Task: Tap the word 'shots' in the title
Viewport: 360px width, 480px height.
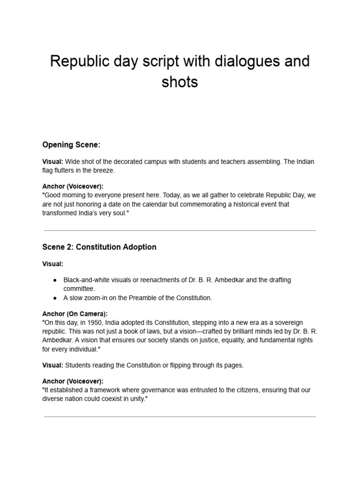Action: tap(180, 82)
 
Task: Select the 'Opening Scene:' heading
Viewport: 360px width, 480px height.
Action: tap(71, 145)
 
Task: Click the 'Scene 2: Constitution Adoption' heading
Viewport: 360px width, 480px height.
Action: tap(99, 247)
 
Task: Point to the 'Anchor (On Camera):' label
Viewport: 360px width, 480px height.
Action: tap(75, 314)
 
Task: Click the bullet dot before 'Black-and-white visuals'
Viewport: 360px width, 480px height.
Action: tap(55, 280)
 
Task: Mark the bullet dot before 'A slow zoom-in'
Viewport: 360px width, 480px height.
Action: tap(55, 298)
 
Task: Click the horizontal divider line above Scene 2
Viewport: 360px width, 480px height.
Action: tap(180, 231)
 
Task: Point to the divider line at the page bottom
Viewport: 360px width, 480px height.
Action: tap(180, 416)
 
